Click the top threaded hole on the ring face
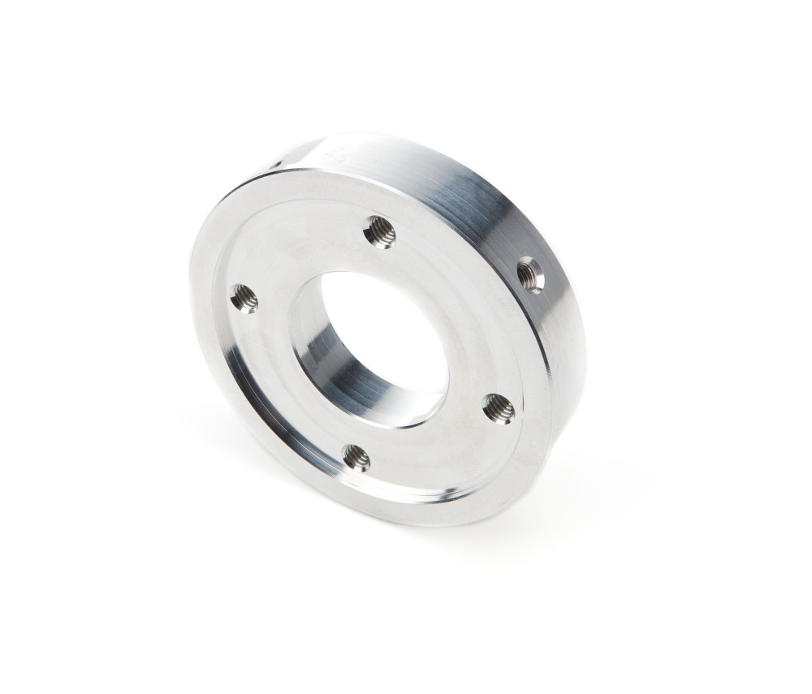[379, 232]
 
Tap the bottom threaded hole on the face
[356, 458]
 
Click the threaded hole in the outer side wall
[530, 273]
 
